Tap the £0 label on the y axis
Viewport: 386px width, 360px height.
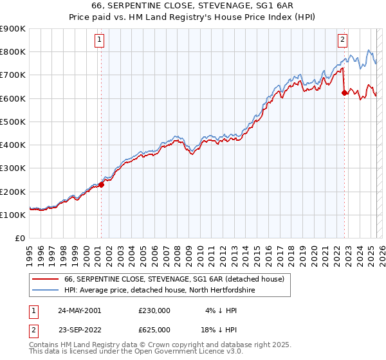[x=21, y=239]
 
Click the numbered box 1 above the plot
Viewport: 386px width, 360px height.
[x=100, y=40]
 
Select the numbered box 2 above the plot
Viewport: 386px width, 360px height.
[x=342, y=40]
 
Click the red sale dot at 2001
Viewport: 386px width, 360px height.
[x=102, y=184]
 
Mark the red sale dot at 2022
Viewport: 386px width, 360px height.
[x=344, y=93]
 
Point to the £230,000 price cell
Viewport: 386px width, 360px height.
[x=154, y=310]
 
